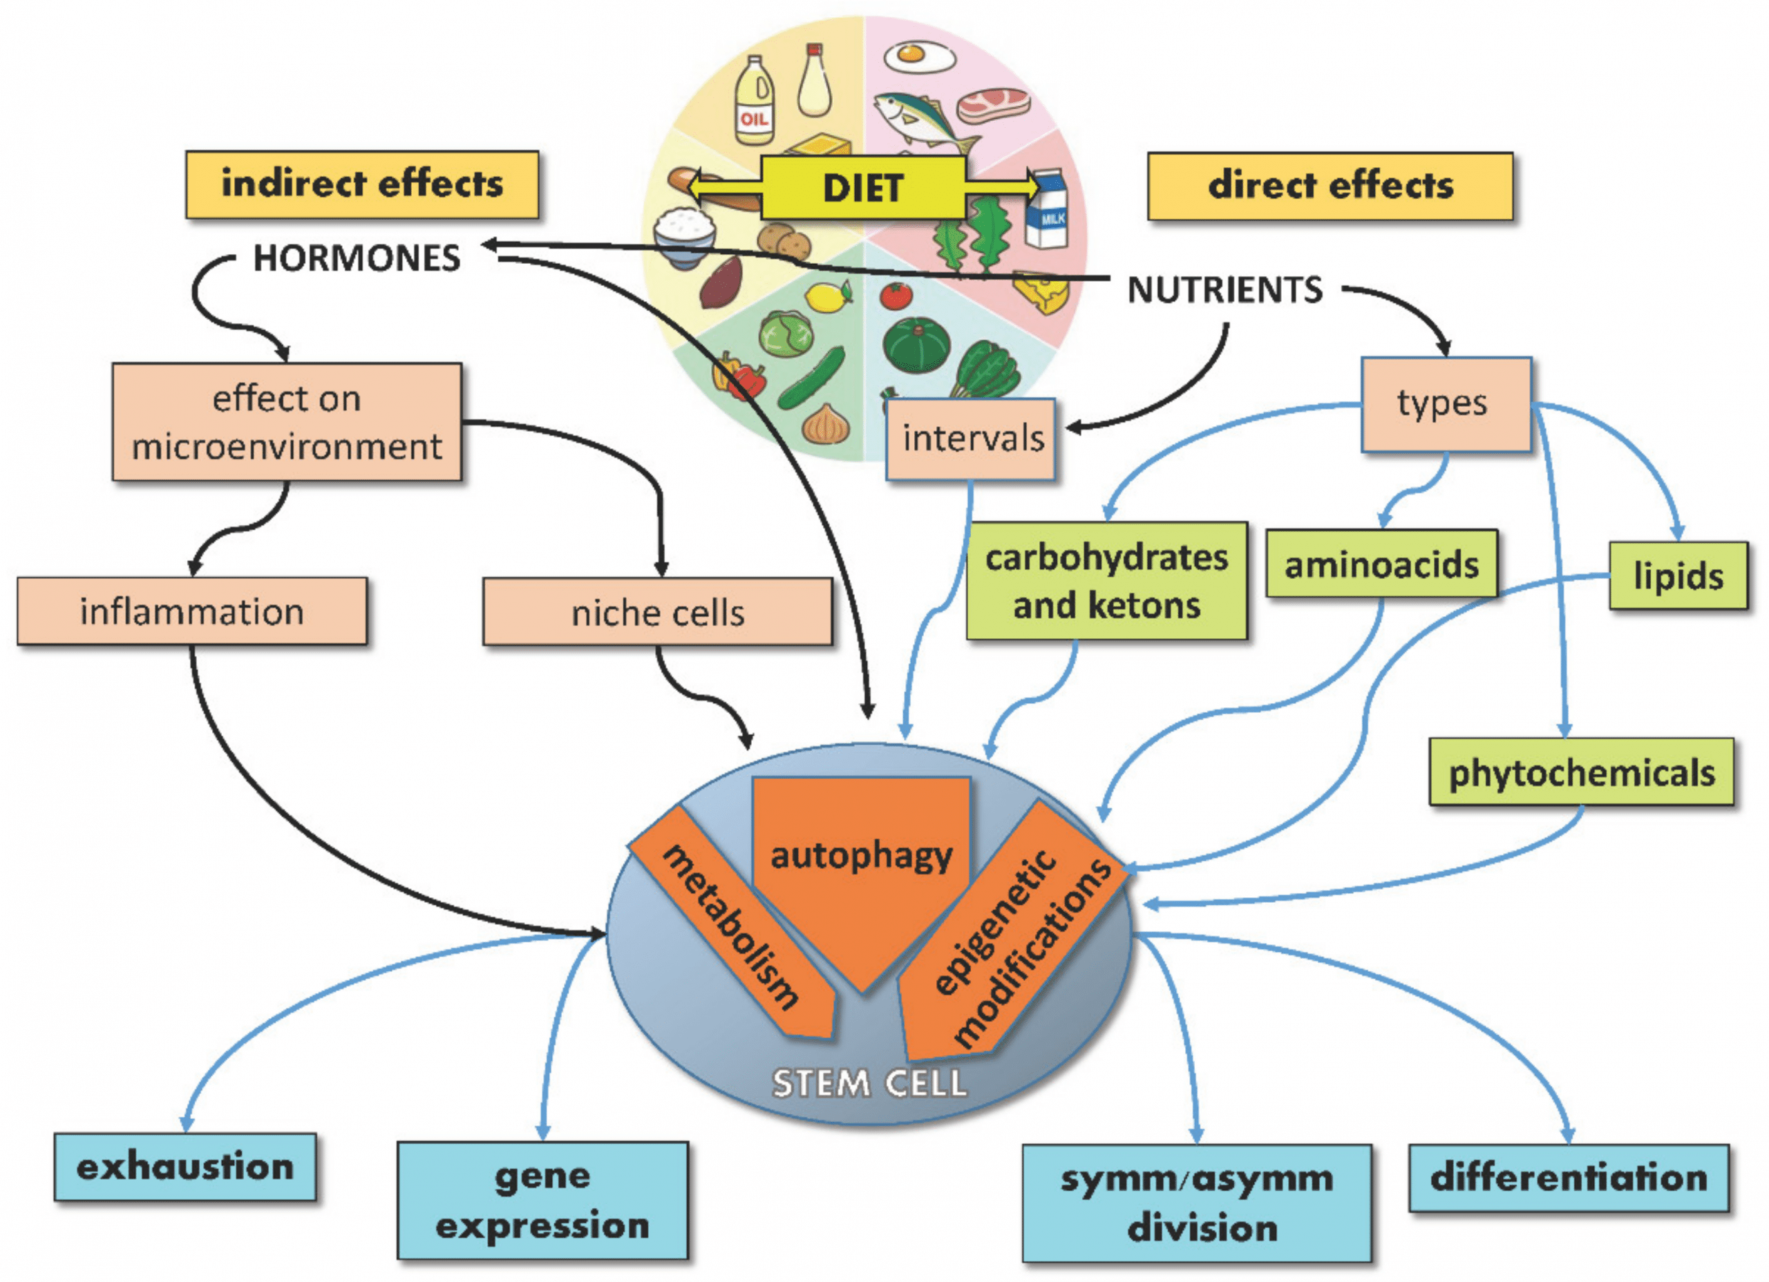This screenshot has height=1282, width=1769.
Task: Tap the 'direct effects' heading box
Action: tap(1330, 186)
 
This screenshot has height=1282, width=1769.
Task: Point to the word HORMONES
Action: tap(357, 258)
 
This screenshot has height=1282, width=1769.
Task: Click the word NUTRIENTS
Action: tap(1224, 290)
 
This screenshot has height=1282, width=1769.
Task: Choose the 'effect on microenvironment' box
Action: tap(287, 422)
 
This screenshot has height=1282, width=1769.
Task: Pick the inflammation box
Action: tap(192, 611)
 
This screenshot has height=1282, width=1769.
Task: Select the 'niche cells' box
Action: tap(658, 612)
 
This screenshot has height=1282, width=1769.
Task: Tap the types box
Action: tap(1446, 404)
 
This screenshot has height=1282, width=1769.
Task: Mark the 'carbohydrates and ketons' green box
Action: tap(1107, 581)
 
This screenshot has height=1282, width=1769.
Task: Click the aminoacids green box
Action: tap(1381, 564)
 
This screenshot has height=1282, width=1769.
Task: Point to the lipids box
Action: tap(1678, 575)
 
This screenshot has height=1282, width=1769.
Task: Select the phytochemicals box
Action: tap(1581, 772)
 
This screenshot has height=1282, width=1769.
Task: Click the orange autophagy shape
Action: tap(861, 865)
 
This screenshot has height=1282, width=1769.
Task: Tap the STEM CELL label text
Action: tap(869, 1082)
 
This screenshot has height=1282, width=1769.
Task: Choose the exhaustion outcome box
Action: tap(186, 1167)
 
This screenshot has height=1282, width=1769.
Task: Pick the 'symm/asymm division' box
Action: tap(1196, 1203)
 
